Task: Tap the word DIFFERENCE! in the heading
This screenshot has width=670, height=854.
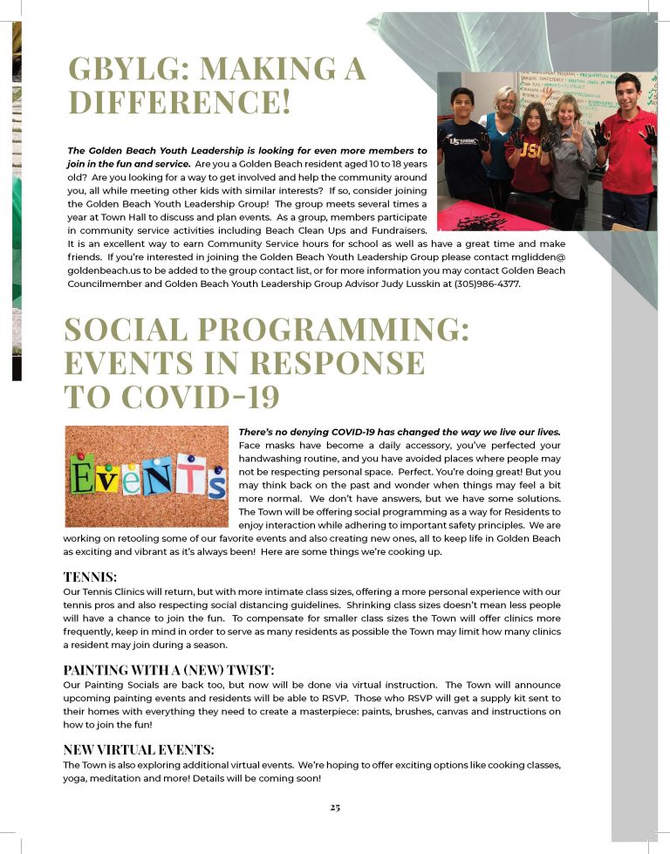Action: point(179,103)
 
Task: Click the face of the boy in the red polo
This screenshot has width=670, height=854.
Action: point(627,92)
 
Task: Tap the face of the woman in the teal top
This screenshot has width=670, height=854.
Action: point(504,101)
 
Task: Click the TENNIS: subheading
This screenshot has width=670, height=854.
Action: point(90,577)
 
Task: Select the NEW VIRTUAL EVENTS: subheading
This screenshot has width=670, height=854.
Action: point(139,749)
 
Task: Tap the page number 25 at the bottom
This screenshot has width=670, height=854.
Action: point(335,807)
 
